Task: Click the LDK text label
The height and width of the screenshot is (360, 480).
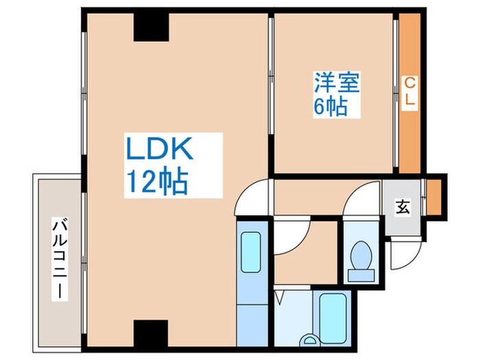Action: pyautogui.click(x=159, y=148)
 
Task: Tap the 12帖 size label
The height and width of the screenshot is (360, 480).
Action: pyautogui.click(x=157, y=181)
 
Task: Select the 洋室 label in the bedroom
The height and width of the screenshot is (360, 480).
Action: pyautogui.click(x=337, y=82)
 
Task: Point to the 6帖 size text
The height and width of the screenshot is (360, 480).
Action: pyautogui.click(x=331, y=106)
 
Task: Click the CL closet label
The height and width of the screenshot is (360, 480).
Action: pyautogui.click(x=410, y=91)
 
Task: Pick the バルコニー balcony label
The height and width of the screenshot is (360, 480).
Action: pyautogui.click(x=60, y=259)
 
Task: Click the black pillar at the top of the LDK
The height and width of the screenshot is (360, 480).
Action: pyautogui.click(x=152, y=27)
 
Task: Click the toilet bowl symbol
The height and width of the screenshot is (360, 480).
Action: pyautogui.click(x=361, y=255)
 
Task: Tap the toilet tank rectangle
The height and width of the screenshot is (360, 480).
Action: pyautogui.click(x=361, y=276)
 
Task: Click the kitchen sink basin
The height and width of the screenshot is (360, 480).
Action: pyautogui.click(x=251, y=252)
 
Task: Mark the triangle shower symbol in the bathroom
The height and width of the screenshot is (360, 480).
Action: pyautogui.click(x=280, y=298)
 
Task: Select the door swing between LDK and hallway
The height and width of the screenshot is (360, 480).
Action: pyautogui.click(x=248, y=193)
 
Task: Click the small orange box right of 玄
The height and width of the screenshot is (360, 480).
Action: pyautogui.click(x=434, y=197)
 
